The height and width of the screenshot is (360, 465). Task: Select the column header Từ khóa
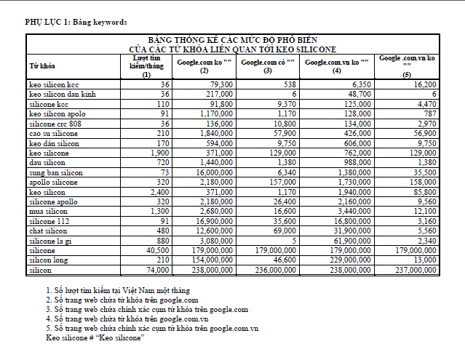(41, 65)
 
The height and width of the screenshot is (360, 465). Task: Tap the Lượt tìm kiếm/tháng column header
(146, 65)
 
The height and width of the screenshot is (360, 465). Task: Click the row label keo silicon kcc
(54, 85)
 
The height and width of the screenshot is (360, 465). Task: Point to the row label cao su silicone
(53, 134)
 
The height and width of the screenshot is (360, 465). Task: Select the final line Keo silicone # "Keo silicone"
(95, 337)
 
